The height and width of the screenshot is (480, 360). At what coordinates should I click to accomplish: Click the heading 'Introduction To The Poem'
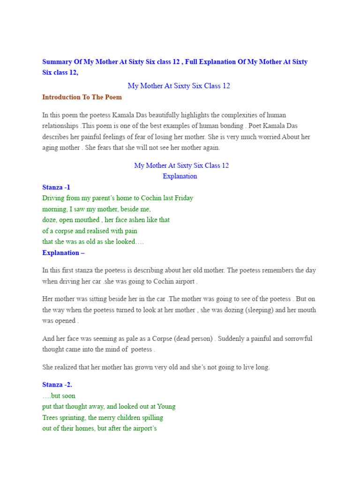[x=82, y=97]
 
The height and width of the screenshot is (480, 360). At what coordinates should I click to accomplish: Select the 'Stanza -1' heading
[x=56, y=187]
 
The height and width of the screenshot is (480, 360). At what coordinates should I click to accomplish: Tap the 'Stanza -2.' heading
[x=57, y=384]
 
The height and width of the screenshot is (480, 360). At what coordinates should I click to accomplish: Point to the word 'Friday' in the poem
[x=184, y=198]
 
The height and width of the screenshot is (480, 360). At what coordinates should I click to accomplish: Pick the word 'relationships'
[x=60, y=126]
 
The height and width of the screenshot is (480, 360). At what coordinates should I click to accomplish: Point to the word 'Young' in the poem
[x=166, y=406]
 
